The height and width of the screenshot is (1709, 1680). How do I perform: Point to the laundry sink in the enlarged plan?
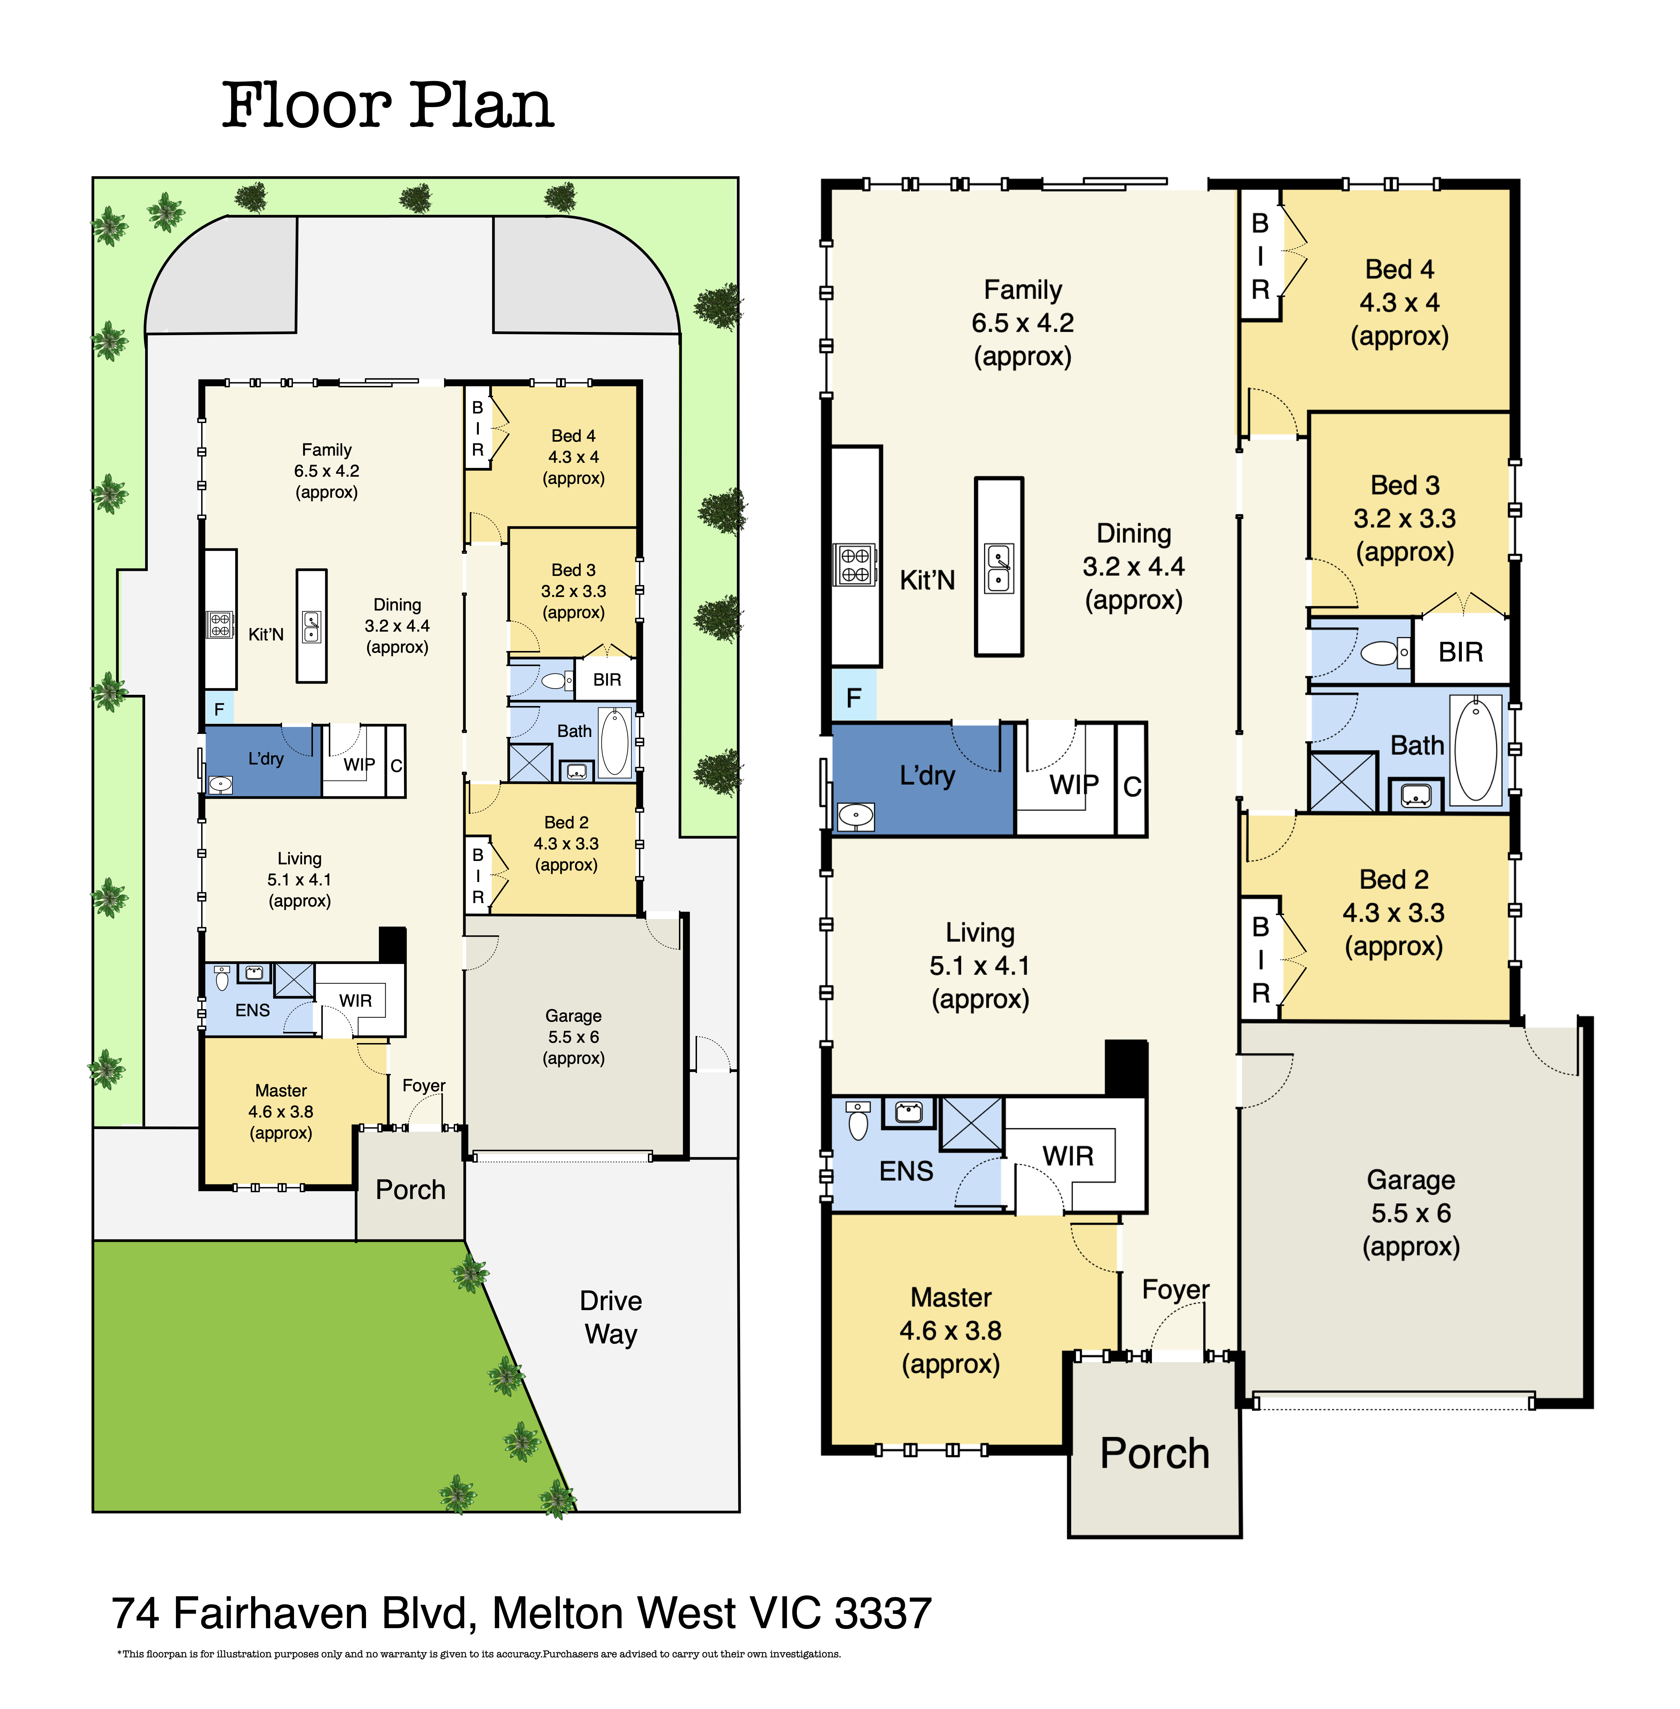pyautogui.click(x=855, y=816)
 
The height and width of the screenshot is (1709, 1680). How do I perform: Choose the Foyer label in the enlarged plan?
pyautogui.click(x=1175, y=1289)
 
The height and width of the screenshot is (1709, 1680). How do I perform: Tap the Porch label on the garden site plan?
pyautogui.click(x=410, y=1189)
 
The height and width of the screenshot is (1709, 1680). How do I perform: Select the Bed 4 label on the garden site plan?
pyautogui.click(x=574, y=436)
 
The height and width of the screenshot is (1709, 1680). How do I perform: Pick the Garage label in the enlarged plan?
pyautogui.click(x=1411, y=1180)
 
